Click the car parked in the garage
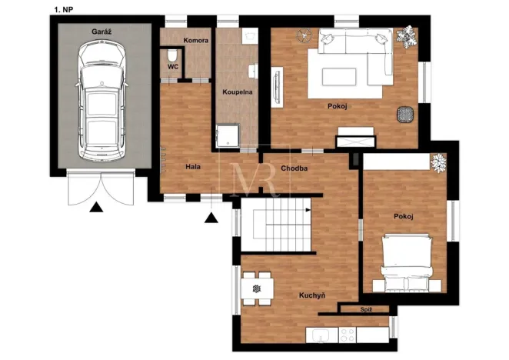click(101, 95)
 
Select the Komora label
click(195, 41)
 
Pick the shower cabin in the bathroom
click(228, 135)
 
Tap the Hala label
click(193, 166)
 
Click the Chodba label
click(294, 168)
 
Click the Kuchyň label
click(312, 294)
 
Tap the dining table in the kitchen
click(255, 288)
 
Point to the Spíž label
click(367, 309)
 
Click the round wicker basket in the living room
click(404, 115)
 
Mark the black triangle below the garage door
click(95, 206)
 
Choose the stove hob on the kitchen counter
click(346, 335)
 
